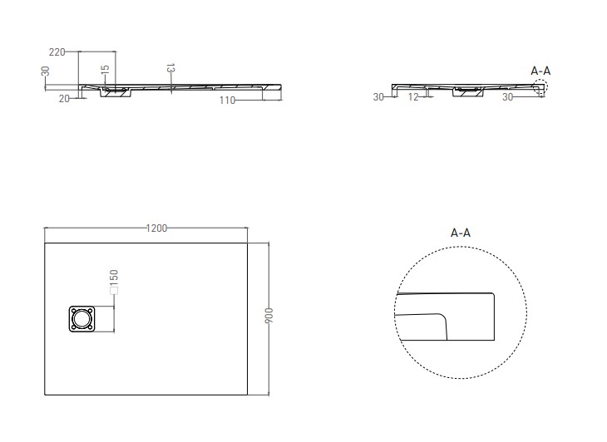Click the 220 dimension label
(x=57, y=52)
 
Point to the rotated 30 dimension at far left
(x=45, y=71)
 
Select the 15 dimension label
(x=105, y=70)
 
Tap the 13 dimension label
(x=171, y=68)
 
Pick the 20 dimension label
(x=64, y=99)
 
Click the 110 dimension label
(x=227, y=101)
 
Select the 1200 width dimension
(x=156, y=228)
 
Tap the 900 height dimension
(x=269, y=316)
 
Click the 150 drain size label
(x=114, y=277)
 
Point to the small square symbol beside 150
(x=114, y=291)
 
